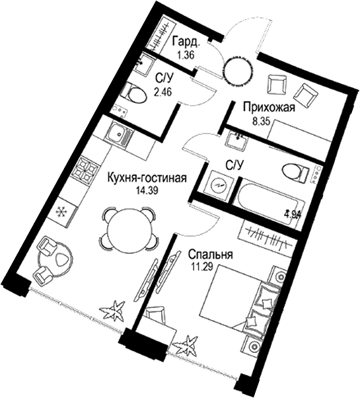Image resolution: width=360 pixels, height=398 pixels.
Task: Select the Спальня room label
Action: (211, 255)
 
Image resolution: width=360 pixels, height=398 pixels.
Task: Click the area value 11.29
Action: (204, 266)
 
